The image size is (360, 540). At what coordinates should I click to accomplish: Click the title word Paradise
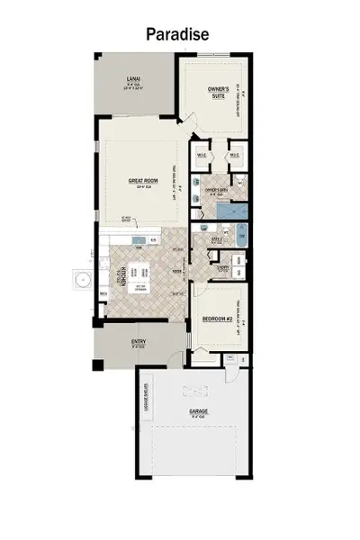(180, 33)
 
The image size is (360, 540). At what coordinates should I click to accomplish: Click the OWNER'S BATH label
(213, 191)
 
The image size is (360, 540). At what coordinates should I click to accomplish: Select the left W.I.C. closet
(203, 154)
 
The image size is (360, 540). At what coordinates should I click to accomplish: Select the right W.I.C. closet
(234, 154)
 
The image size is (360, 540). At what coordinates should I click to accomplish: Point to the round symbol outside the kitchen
(82, 280)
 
